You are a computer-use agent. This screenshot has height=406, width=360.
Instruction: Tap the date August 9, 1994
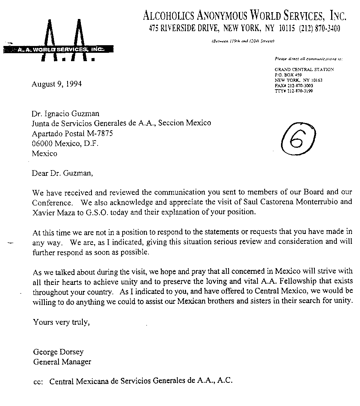click(57, 84)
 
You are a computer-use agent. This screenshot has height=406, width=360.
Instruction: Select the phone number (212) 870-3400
click(319, 28)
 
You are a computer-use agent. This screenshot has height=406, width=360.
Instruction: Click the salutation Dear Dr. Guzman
click(62, 173)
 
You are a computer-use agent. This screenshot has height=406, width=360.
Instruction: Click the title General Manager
click(62, 362)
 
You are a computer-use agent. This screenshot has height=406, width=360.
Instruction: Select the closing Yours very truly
click(62, 322)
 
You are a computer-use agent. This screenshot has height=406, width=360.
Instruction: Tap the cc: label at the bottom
click(39, 381)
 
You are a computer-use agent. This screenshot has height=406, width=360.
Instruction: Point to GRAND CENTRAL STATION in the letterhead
click(304, 70)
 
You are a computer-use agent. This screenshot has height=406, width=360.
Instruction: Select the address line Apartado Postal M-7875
click(72, 134)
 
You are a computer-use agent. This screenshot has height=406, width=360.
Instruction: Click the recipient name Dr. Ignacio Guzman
click(65, 113)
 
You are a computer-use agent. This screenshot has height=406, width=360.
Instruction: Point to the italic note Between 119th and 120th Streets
click(243, 41)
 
